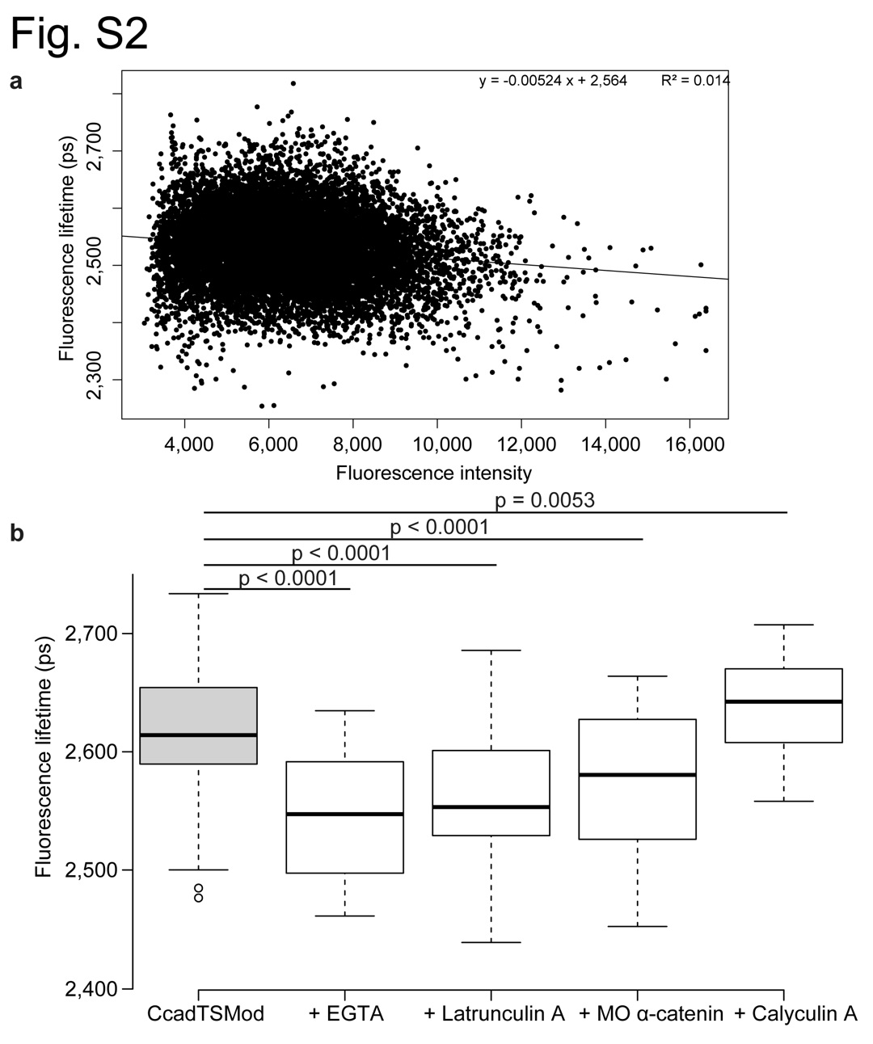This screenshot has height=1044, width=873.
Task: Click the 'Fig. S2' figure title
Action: (78, 33)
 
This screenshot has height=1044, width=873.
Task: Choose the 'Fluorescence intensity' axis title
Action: (434, 473)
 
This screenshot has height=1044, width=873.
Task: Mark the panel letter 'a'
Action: (15, 83)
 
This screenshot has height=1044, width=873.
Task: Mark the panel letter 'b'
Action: (15, 533)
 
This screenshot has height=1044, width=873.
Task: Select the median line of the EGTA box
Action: (345, 814)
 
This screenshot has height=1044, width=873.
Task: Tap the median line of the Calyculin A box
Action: (784, 701)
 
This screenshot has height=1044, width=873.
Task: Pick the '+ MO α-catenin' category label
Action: (651, 1014)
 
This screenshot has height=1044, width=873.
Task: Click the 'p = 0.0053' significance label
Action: (544, 500)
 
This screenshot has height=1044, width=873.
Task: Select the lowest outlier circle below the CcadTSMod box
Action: (199, 898)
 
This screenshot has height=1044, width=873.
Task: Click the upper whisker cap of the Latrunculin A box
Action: (491, 650)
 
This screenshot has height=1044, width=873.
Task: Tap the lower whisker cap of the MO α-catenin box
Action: (638, 926)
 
